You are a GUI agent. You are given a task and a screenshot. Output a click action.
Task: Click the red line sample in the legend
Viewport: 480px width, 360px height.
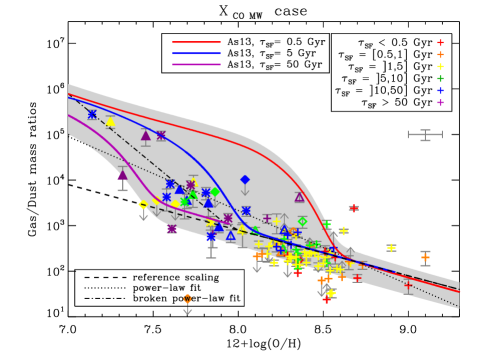pos(196,42)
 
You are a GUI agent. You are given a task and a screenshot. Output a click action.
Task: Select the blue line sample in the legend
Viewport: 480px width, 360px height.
pos(196,53)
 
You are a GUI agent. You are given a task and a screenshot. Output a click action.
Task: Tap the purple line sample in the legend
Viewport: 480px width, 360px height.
pos(196,64)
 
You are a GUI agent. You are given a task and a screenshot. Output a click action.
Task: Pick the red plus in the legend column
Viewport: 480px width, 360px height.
pos(439,43)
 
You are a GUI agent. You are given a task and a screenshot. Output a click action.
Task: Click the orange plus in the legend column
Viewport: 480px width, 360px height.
pos(439,55)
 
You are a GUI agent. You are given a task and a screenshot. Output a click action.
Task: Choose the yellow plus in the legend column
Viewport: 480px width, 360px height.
pos(439,67)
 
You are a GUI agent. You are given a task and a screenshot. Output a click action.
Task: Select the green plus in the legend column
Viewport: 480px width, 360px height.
pos(439,78)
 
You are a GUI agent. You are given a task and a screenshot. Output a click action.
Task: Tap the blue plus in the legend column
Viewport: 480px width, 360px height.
pos(439,90)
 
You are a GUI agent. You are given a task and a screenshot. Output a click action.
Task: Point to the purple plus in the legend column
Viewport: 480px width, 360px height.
pos(439,102)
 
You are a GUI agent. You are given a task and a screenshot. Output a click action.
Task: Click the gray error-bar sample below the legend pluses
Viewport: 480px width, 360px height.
pos(425,134)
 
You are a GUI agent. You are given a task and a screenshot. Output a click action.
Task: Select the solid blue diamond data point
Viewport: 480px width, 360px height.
pos(244,180)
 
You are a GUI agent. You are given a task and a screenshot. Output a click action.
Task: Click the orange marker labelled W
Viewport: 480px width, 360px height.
pos(187,298)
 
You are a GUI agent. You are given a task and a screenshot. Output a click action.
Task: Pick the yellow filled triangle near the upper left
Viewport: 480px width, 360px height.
pos(110,122)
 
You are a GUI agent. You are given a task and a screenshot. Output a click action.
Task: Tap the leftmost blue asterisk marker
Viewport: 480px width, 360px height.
pos(92,114)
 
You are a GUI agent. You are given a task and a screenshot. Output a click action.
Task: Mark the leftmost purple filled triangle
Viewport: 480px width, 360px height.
pos(122,175)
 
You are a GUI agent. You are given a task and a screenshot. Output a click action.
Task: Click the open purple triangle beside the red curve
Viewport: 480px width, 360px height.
pos(299,197)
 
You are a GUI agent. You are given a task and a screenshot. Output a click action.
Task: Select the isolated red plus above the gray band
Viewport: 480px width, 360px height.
pos(353,208)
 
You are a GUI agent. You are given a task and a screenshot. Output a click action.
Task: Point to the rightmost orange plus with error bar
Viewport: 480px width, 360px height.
pos(425,257)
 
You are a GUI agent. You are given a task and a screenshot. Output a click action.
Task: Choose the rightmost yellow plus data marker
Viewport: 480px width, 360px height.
pos(391,247)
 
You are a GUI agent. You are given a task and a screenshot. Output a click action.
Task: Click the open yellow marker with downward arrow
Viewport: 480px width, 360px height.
pos(143,205)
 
